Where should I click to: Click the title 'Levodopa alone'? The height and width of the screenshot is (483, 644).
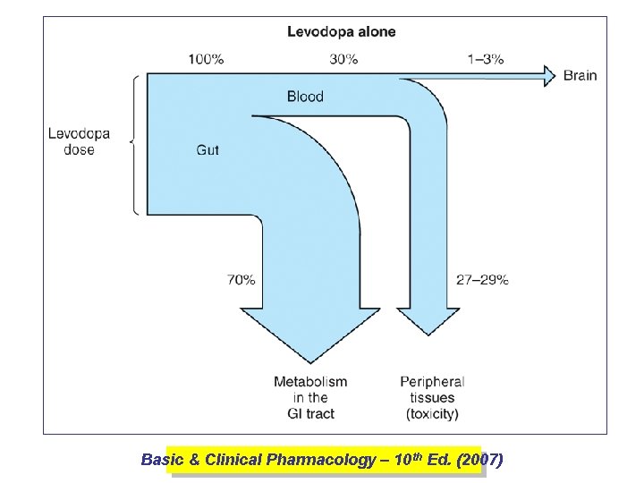[x=341, y=31]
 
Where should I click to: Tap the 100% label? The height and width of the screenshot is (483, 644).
[x=206, y=59]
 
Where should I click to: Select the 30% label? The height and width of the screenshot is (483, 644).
[x=343, y=59]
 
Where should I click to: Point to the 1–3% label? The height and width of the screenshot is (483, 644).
[x=486, y=59]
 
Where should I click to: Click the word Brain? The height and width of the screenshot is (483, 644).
[x=580, y=76]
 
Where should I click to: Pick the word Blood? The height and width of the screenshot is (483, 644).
[x=305, y=97]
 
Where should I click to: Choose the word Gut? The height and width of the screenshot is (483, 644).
[x=208, y=150]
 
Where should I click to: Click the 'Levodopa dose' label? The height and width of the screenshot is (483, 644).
[x=79, y=142]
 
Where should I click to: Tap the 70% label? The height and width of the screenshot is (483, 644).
[x=241, y=279]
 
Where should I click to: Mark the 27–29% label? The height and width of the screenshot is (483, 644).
[x=482, y=279]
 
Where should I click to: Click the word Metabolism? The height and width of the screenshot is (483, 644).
[x=310, y=382]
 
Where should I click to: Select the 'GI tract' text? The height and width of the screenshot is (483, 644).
[x=310, y=413]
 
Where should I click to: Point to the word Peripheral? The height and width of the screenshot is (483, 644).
[x=432, y=382]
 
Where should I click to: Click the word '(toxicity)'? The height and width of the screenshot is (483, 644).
[x=432, y=413]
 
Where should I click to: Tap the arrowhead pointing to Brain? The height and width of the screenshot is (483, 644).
[x=547, y=76]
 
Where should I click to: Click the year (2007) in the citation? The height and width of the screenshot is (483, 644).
[x=479, y=460]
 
